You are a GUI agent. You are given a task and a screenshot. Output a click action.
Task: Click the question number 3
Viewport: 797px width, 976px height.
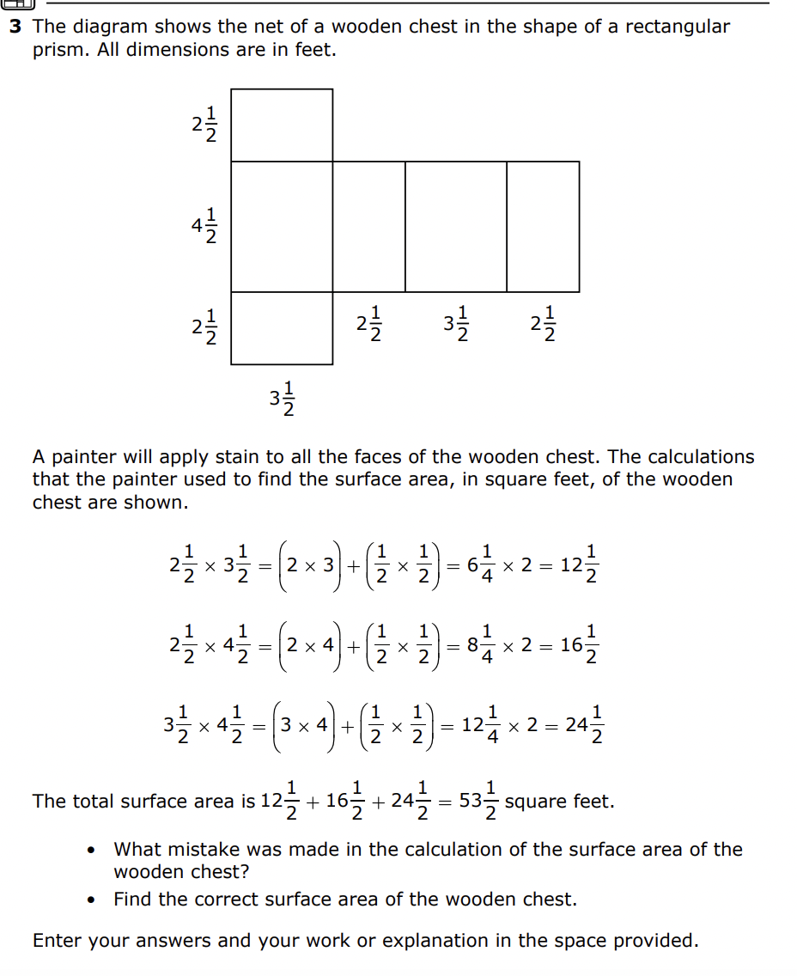15,27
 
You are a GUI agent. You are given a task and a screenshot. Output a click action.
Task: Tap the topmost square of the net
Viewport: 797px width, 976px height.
282,125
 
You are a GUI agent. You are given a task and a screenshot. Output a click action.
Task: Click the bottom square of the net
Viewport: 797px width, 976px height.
282,328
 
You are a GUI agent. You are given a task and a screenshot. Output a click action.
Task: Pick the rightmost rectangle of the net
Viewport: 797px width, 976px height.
543,227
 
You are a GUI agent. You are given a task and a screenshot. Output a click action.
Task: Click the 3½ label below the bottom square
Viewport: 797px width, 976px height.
283,398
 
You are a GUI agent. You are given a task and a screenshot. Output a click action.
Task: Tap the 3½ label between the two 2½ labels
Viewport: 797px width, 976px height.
456,324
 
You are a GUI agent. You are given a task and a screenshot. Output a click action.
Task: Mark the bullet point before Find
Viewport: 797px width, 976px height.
92,900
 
